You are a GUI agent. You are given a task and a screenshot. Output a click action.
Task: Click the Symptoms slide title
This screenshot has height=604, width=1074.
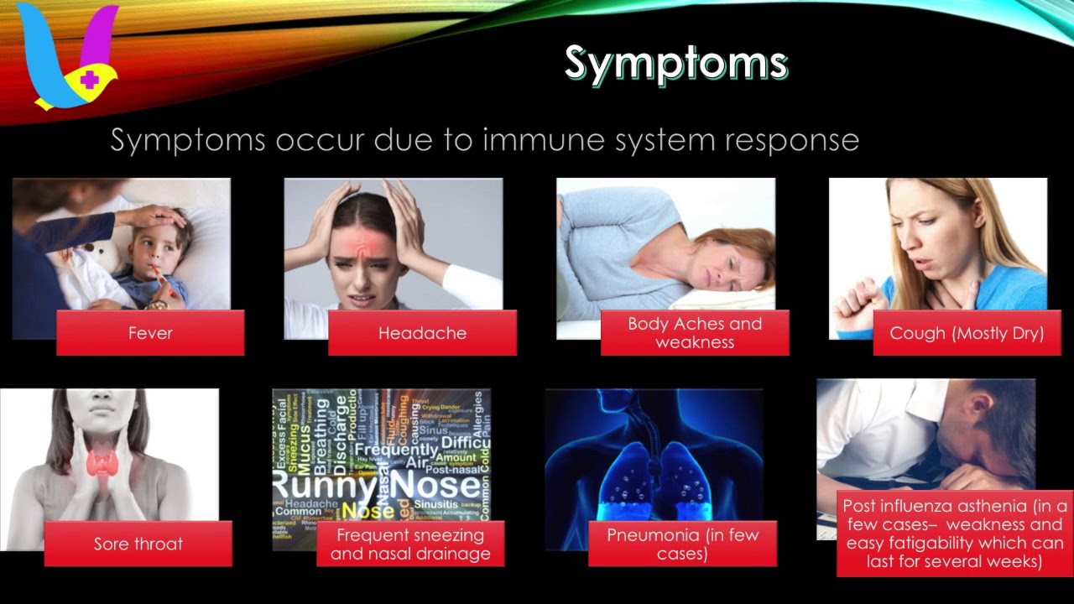[675, 63]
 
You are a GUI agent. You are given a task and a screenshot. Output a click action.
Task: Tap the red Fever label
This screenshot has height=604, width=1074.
[150, 333]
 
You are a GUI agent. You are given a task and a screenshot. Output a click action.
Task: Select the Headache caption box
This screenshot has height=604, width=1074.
[422, 333]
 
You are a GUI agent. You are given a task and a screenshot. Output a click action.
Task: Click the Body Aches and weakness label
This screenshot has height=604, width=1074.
[695, 333]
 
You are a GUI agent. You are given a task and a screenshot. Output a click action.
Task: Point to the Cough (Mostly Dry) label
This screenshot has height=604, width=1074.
[967, 333]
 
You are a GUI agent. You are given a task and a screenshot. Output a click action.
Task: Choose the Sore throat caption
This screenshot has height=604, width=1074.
[138, 544]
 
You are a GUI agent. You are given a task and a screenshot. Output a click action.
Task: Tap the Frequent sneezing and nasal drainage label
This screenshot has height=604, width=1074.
[410, 544]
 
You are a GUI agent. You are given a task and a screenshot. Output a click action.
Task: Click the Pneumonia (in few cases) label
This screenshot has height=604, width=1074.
[682, 544]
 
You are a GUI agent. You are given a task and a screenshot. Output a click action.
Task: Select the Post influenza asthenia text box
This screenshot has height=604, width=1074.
[955, 534]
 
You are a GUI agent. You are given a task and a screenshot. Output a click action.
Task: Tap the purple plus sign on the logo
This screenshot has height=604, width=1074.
[91, 81]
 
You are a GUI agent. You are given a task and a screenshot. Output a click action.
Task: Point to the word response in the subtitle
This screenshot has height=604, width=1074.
[795, 139]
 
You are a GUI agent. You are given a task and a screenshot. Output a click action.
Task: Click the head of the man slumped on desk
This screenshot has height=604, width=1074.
[998, 436]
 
